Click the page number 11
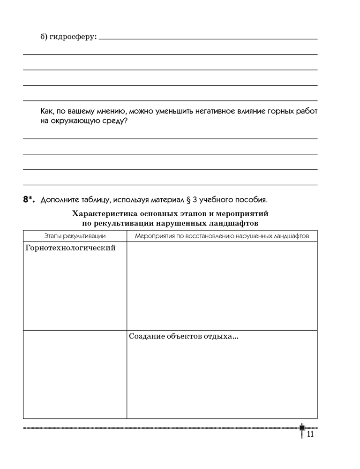pyautogui.click(x=309, y=435)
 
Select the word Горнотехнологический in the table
pyautogui.click(x=70, y=248)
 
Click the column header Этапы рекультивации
pyautogui.click(x=75, y=236)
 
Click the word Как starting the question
pyautogui.click(x=47, y=112)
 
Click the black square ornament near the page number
pyautogui.click(x=302, y=428)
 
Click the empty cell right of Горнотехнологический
pyautogui.click(x=222, y=286)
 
